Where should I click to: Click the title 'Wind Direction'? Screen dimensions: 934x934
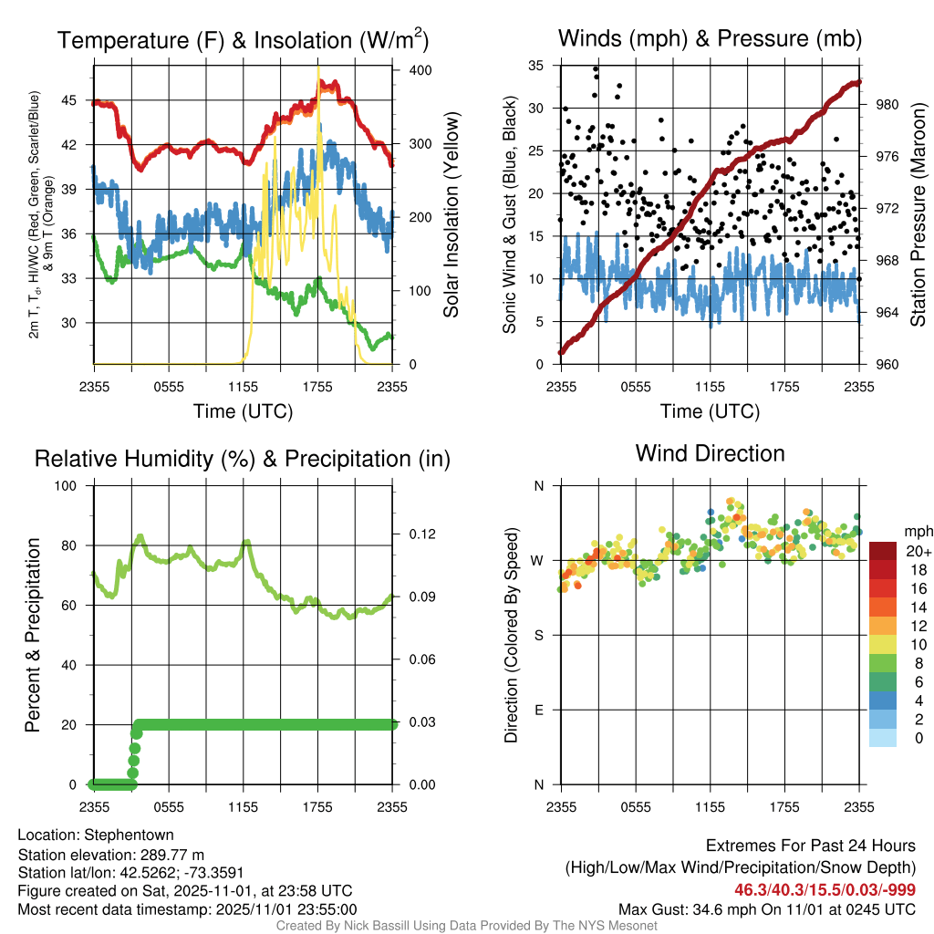tap(710, 453)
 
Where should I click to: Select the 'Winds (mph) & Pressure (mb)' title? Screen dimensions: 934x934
tap(710, 38)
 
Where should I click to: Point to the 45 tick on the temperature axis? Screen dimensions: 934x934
tap(77, 100)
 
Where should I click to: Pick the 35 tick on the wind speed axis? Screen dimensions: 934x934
tap(536, 66)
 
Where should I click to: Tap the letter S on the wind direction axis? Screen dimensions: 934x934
tap(538, 635)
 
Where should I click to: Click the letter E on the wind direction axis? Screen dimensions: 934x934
tap(538, 710)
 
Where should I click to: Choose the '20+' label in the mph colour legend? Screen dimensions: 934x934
tap(918, 551)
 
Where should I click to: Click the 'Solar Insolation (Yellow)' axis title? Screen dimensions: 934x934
tap(451, 214)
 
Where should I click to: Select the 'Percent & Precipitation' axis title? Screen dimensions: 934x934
tap(34, 635)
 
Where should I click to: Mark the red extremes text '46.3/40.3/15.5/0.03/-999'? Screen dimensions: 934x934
tap(825, 889)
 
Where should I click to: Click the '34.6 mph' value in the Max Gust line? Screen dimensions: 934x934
tap(726, 908)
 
